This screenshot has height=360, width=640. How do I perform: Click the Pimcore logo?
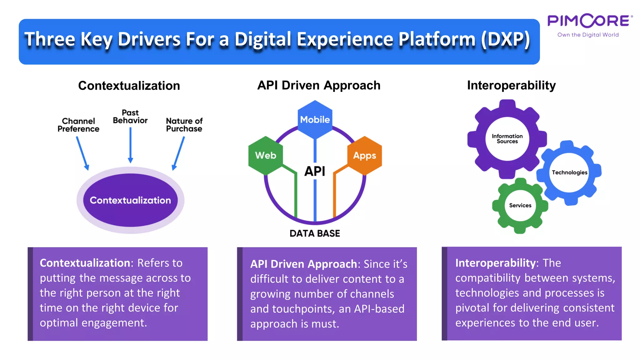point(590,21)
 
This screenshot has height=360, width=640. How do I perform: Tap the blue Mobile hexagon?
point(315,119)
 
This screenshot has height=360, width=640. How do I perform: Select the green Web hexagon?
point(265,155)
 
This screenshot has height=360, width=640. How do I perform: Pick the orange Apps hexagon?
point(364,155)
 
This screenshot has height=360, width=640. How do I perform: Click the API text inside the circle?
point(315,171)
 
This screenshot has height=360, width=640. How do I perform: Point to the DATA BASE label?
point(315,233)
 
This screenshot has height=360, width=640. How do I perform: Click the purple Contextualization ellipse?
point(130,200)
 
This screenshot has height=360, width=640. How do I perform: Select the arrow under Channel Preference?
point(82,153)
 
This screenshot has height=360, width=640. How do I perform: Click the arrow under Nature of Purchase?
point(178,153)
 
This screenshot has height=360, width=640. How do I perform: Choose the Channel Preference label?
point(78,125)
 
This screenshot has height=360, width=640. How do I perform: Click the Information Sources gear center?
point(507,138)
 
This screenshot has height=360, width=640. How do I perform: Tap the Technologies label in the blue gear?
point(569,172)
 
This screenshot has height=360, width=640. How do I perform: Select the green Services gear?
point(520,205)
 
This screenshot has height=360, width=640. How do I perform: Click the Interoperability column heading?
point(511,85)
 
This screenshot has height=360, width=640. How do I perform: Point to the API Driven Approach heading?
point(318,85)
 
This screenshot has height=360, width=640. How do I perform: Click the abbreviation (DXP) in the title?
point(505,39)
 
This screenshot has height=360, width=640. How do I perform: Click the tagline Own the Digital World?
point(588,35)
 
